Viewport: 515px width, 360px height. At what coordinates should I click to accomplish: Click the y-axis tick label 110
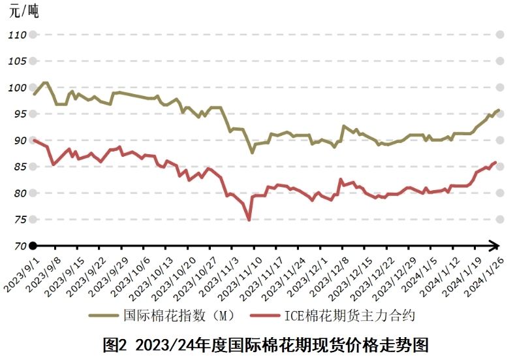tap(18, 35)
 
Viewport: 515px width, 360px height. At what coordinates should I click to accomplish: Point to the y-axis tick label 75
tap(18, 220)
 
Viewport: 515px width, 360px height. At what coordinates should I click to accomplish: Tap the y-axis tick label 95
tap(18, 114)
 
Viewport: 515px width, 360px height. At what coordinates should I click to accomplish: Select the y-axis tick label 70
tap(18, 246)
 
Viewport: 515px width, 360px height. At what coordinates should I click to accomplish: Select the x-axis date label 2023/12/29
tap(396, 274)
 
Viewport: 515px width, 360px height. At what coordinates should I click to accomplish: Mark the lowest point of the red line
tap(249, 220)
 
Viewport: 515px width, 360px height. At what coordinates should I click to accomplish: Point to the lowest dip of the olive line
tap(252, 152)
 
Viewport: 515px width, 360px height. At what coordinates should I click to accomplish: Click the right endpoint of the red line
tap(495, 162)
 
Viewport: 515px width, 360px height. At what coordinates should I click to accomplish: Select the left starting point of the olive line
tap(34, 94)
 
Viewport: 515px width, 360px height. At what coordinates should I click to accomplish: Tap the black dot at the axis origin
tap(33, 246)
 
